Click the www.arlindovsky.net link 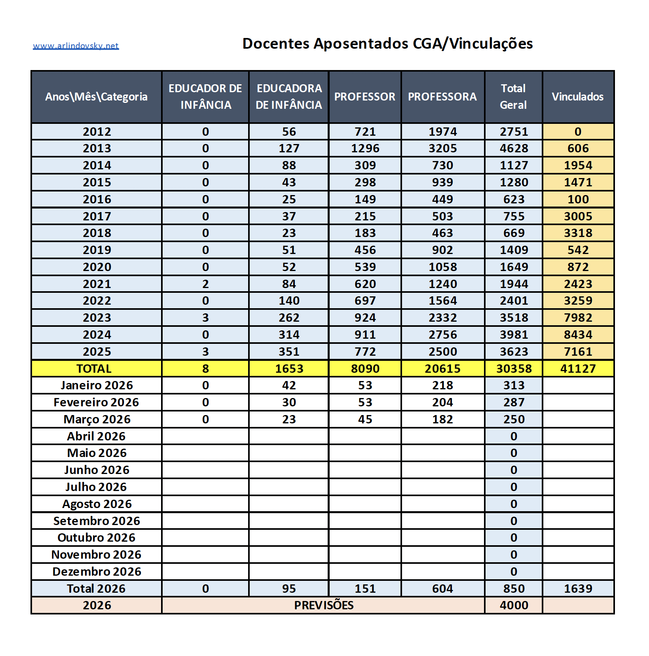[x=76, y=46]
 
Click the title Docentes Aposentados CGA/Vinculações [x=387, y=44]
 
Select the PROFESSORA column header [x=442, y=97]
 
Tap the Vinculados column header [x=577, y=97]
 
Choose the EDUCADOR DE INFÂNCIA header [x=205, y=97]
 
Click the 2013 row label [x=97, y=148]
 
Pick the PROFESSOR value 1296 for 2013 [x=365, y=148]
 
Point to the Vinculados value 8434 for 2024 [x=578, y=335]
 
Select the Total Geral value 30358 [x=514, y=369]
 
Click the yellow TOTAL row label [x=94, y=369]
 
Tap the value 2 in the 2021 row [x=205, y=284]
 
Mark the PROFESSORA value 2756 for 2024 [x=442, y=335]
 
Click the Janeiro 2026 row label [x=97, y=385]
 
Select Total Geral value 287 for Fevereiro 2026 [x=514, y=402]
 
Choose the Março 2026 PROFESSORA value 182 [x=442, y=419]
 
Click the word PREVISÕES [x=324, y=605]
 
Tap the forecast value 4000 [x=514, y=605]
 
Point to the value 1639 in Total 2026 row [x=578, y=589]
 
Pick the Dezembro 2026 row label [x=97, y=572]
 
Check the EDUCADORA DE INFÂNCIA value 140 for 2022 [x=289, y=301]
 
